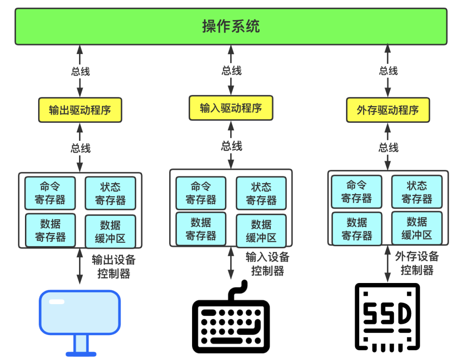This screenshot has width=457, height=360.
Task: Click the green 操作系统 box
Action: coord(231,26)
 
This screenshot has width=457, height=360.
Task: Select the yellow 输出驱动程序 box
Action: coord(80,110)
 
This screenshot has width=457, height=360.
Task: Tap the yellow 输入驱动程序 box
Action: coord(231,108)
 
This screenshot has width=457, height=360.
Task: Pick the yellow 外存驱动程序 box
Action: coord(388,110)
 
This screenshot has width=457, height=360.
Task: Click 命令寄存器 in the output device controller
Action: coord(50,193)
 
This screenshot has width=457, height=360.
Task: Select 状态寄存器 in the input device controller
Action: coord(261,193)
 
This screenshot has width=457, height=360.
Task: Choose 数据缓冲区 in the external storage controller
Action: coord(416,228)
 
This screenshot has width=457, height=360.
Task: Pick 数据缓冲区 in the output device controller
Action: coord(110,231)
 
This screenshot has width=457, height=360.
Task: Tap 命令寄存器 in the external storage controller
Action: coord(356,192)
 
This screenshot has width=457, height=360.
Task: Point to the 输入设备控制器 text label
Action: coord(267,264)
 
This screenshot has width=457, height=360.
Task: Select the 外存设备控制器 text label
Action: coord(417,263)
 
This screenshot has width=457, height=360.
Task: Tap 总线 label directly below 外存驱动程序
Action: coord(388,147)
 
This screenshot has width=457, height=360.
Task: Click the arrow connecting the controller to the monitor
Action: coord(80,267)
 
